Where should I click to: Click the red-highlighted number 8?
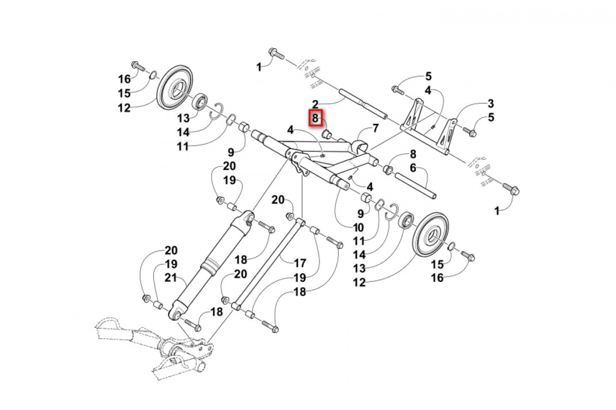tap(315, 118)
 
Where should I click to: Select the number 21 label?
tap(171, 278)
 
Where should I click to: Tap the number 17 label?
tap(300, 263)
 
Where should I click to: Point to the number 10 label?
tap(358, 227)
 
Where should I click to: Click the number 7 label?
tap(375, 128)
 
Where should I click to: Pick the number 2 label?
tap(315, 104)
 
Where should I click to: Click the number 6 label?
tap(412, 168)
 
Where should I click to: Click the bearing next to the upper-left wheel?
tap(199, 100)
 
